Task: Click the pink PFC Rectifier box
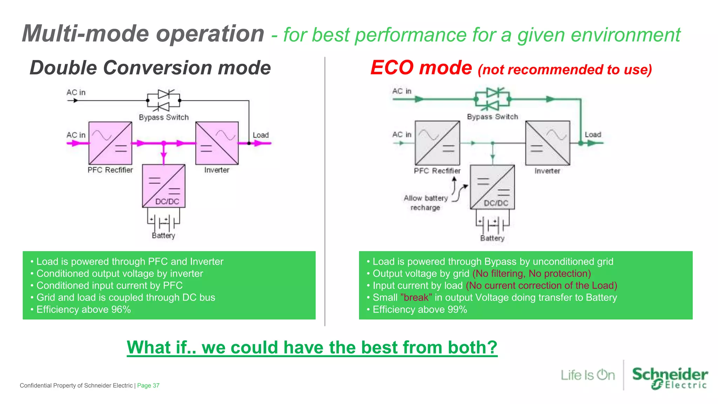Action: pos(110,143)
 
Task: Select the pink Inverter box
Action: pos(217,143)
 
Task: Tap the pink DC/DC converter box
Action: pos(164,186)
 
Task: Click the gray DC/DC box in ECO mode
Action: pos(492,187)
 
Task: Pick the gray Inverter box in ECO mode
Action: pos(548,143)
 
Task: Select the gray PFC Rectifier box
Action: pos(437,143)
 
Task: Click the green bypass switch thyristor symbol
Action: pos(493,99)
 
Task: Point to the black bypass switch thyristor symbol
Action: pos(164,100)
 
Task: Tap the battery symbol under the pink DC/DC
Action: pos(163,221)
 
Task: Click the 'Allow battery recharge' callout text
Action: pos(426,203)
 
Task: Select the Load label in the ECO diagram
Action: pos(593,135)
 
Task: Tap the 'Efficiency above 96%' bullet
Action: pos(83,309)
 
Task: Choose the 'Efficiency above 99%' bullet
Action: pos(420,309)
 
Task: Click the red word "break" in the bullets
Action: pos(416,297)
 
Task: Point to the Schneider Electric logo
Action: pos(669,378)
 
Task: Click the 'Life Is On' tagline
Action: pos(588,375)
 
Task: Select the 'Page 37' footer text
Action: pos(148,385)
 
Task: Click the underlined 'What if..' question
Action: pos(312,348)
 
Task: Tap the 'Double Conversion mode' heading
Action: pos(150,68)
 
